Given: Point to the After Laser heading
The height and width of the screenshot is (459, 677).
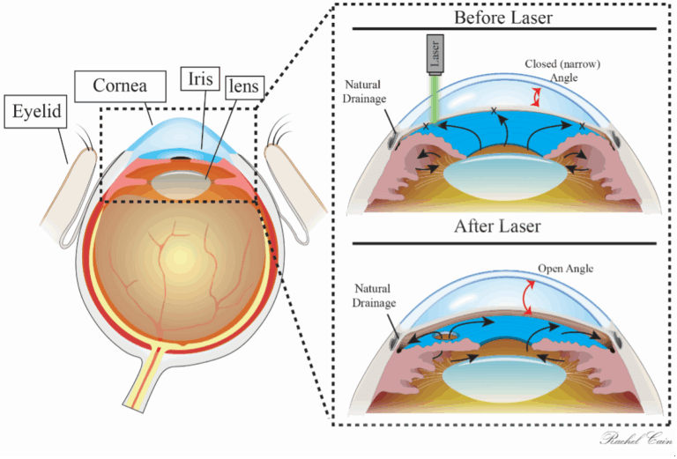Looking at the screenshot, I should [497, 226].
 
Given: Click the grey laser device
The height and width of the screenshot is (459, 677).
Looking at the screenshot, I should [435, 56].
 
